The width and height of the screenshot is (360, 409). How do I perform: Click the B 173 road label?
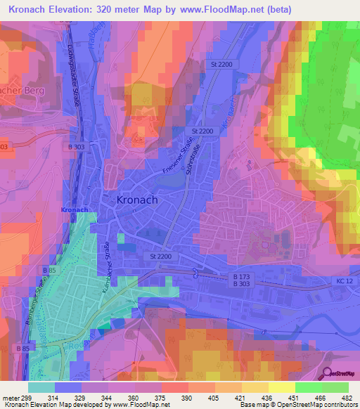coord(241,278)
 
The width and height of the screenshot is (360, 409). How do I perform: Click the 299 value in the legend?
coord(22,398)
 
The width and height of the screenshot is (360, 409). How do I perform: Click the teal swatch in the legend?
coord(41,387)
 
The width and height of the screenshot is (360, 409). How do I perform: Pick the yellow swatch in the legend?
coord(281,387)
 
